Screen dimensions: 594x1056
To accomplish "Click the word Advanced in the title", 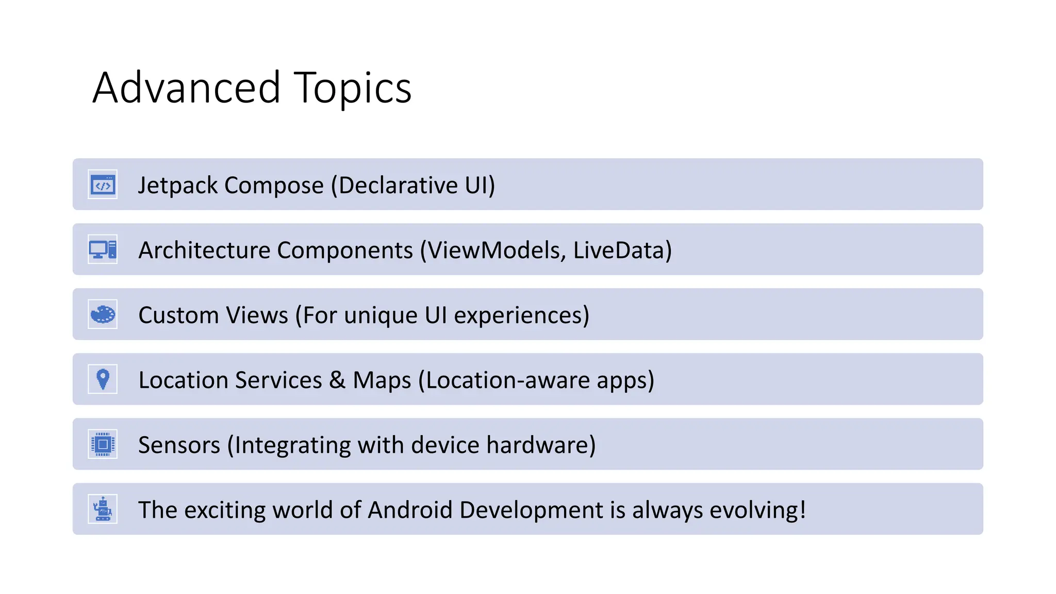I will click(187, 88).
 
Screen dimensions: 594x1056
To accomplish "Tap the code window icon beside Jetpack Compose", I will click(103, 185).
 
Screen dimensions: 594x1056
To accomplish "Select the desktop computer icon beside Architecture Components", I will click(103, 250).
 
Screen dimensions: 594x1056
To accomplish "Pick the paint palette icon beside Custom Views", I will click(103, 315).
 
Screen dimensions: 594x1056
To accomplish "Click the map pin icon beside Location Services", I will click(103, 379).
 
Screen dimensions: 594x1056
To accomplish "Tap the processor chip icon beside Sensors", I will click(103, 444).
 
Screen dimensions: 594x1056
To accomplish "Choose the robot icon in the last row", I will click(103, 509).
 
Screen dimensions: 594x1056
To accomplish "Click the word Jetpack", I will click(177, 186).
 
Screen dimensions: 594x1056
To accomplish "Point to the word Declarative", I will click(398, 186).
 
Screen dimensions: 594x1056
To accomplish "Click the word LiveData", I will click(619, 251).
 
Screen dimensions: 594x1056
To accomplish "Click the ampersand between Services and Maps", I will click(337, 381).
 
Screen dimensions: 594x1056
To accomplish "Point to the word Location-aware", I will click(507, 381).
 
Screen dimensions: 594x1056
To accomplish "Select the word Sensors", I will click(179, 445).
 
